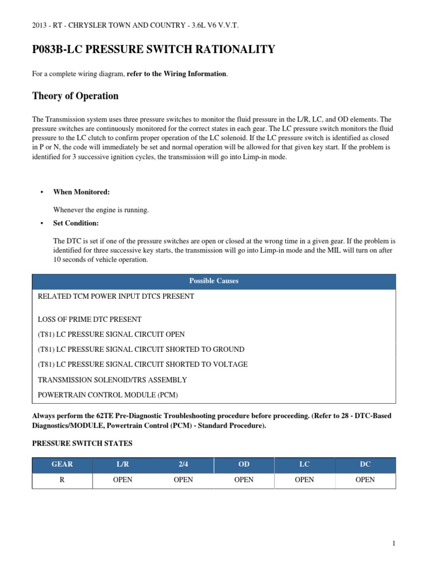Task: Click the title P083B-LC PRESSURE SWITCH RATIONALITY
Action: pyautogui.click(x=154, y=50)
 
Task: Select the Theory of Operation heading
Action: pyautogui.click(x=75, y=96)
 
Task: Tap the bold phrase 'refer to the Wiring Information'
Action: pyautogui.click(x=177, y=74)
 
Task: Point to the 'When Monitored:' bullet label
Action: pyautogui.click(x=81, y=192)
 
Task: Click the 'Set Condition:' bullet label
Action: pyautogui.click(x=76, y=223)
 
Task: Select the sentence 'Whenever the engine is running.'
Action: pyautogui.click(x=101, y=210)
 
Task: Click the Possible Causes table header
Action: pyautogui.click(x=214, y=281)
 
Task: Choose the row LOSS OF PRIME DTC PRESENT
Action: pyautogui.click(x=89, y=320)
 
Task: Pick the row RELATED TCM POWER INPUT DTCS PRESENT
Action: pyautogui.click(x=115, y=297)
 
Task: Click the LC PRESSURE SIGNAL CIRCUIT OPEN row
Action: pyautogui.click(x=111, y=335)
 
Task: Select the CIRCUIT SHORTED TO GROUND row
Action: pyautogui.click(x=140, y=350)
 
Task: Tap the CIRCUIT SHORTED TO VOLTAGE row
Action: pyautogui.click(x=142, y=365)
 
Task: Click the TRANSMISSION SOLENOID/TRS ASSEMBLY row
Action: pyautogui.click(x=112, y=380)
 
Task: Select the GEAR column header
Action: pyautogui.click(x=62, y=464)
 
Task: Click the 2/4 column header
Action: pyautogui.click(x=183, y=464)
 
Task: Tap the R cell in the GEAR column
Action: pyautogui.click(x=62, y=480)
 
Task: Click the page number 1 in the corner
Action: pyautogui.click(x=393, y=544)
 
